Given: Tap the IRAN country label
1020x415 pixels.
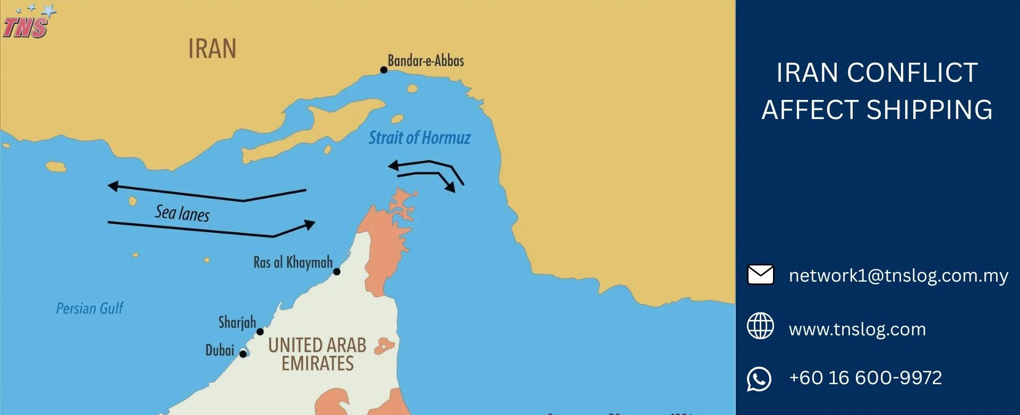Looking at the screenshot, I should (x=212, y=49).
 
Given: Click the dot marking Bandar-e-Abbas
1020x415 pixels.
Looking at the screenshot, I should (x=384, y=70).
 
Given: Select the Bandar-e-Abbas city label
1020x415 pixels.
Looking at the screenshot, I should (x=426, y=61).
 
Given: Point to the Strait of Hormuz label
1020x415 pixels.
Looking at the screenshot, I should (x=420, y=138).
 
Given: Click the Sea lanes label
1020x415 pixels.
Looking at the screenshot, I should (x=182, y=213).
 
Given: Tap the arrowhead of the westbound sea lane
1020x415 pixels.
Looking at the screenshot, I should (x=113, y=186).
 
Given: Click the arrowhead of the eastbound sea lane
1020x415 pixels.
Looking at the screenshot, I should (x=310, y=225).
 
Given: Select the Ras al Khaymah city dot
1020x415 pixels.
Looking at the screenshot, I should (x=337, y=272).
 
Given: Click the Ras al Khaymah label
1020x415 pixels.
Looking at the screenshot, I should (x=293, y=262).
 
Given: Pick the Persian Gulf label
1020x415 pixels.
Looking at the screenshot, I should (x=90, y=309).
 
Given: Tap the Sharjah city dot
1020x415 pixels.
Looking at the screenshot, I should (x=260, y=332).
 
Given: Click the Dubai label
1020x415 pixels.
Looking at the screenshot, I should (x=220, y=350).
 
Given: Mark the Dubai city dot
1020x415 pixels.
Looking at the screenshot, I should (x=243, y=354).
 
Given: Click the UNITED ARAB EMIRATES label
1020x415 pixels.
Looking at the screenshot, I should (x=317, y=354).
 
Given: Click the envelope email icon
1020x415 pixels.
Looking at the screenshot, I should (x=760, y=275).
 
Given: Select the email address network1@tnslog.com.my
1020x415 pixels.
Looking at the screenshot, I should (x=898, y=275).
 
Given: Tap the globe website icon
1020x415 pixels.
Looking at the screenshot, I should (x=760, y=326).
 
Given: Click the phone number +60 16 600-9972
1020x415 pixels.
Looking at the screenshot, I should (x=865, y=378).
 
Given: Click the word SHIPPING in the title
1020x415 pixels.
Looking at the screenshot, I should (x=929, y=110).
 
